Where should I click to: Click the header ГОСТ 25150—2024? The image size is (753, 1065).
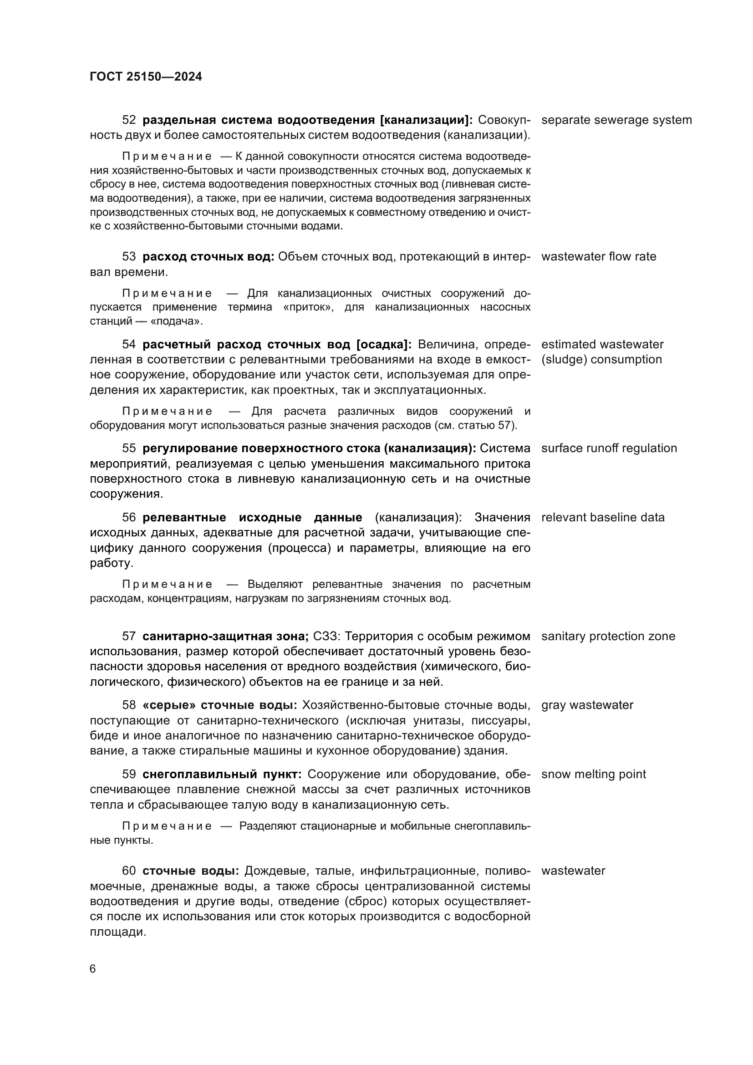(x=146, y=76)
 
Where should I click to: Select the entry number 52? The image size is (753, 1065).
(x=129, y=120)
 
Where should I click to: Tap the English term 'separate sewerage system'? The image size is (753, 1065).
(x=616, y=120)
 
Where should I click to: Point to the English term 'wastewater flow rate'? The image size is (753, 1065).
(x=599, y=256)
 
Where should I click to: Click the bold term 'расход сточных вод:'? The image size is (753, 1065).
(x=208, y=256)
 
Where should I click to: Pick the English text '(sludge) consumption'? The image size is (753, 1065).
(x=601, y=360)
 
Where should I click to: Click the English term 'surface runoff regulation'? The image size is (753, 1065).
(x=609, y=448)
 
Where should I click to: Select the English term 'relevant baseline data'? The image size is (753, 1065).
(x=603, y=517)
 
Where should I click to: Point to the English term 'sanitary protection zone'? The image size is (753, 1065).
(x=608, y=636)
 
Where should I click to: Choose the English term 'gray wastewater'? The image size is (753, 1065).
(x=587, y=705)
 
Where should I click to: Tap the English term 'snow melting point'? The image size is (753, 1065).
(x=594, y=774)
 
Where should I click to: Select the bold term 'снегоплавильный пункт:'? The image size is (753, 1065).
(x=222, y=774)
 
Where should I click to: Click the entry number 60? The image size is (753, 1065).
(x=129, y=871)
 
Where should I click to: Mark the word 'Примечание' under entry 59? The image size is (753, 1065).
(x=167, y=826)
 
